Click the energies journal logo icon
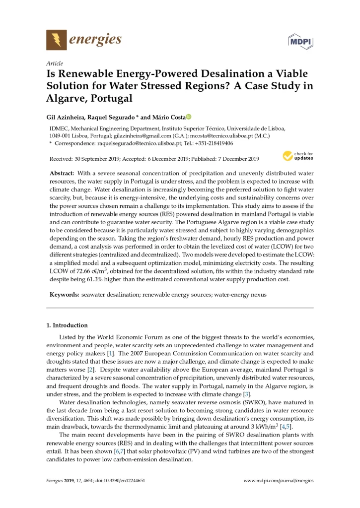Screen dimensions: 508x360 tap(56, 39)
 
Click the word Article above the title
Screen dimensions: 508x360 tap(54, 63)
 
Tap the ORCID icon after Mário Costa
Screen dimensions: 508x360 tap(189, 117)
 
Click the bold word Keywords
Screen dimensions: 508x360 tap(64, 295)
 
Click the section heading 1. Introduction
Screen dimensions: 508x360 tap(67, 325)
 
